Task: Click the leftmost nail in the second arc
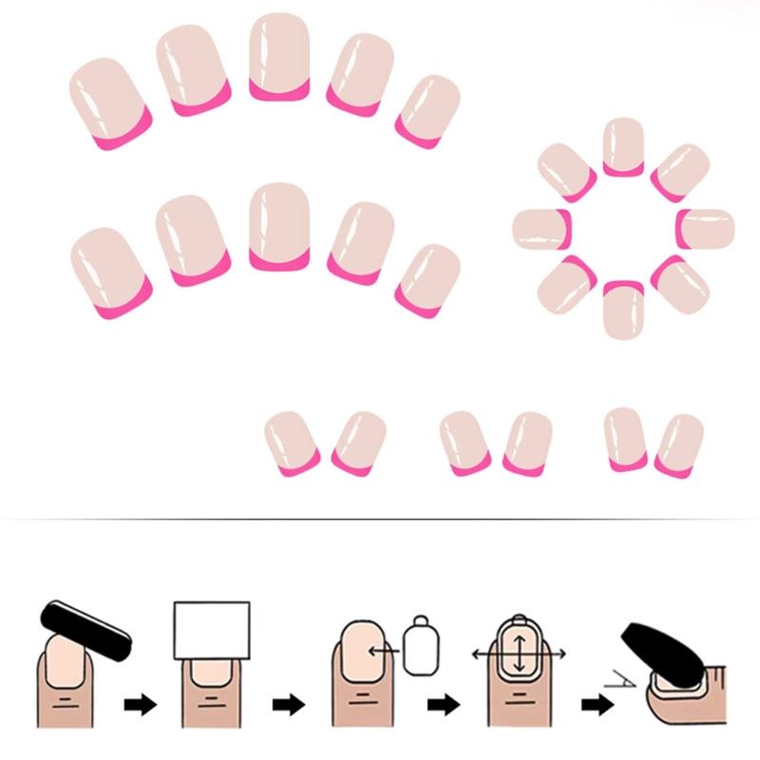pos(112,271)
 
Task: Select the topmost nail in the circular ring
pos(623,146)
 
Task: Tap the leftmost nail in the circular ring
pos(541,228)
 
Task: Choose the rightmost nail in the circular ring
pos(706,228)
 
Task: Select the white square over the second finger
pos(211,630)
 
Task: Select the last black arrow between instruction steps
pos(596,705)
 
